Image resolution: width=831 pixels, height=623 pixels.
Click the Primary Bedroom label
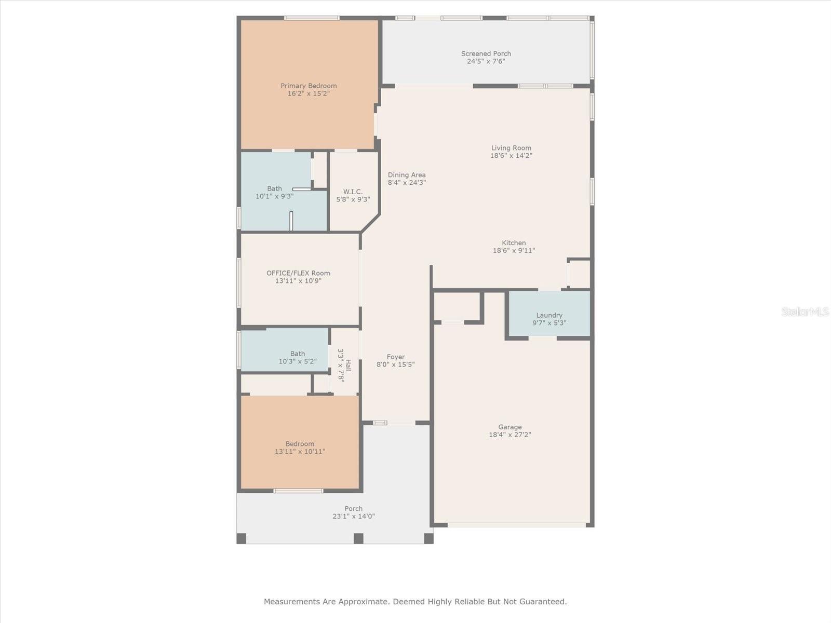point(309,86)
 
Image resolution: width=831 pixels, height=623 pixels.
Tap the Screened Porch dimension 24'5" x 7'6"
point(486,61)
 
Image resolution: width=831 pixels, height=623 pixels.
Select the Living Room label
point(511,148)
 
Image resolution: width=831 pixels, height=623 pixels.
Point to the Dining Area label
point(407,175)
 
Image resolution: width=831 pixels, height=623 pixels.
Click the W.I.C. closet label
point(353,192)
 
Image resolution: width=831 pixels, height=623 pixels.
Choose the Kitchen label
point(514,243)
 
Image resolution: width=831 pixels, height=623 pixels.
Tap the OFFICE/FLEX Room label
point(298,273)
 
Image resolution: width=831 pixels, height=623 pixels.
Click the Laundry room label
point(549,316)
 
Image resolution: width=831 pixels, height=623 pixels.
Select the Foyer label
point(396,357)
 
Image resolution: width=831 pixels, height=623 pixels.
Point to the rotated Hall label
point(349,365)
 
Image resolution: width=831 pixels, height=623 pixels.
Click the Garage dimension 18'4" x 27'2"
point(510,435)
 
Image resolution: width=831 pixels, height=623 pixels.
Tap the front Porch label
point(354,509)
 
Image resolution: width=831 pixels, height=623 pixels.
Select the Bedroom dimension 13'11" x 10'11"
point(300,452)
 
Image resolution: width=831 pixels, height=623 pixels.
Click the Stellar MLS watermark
point(805,311)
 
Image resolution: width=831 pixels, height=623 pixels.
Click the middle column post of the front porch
point(358,538)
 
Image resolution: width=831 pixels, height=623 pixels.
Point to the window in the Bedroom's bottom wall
point(298,491)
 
